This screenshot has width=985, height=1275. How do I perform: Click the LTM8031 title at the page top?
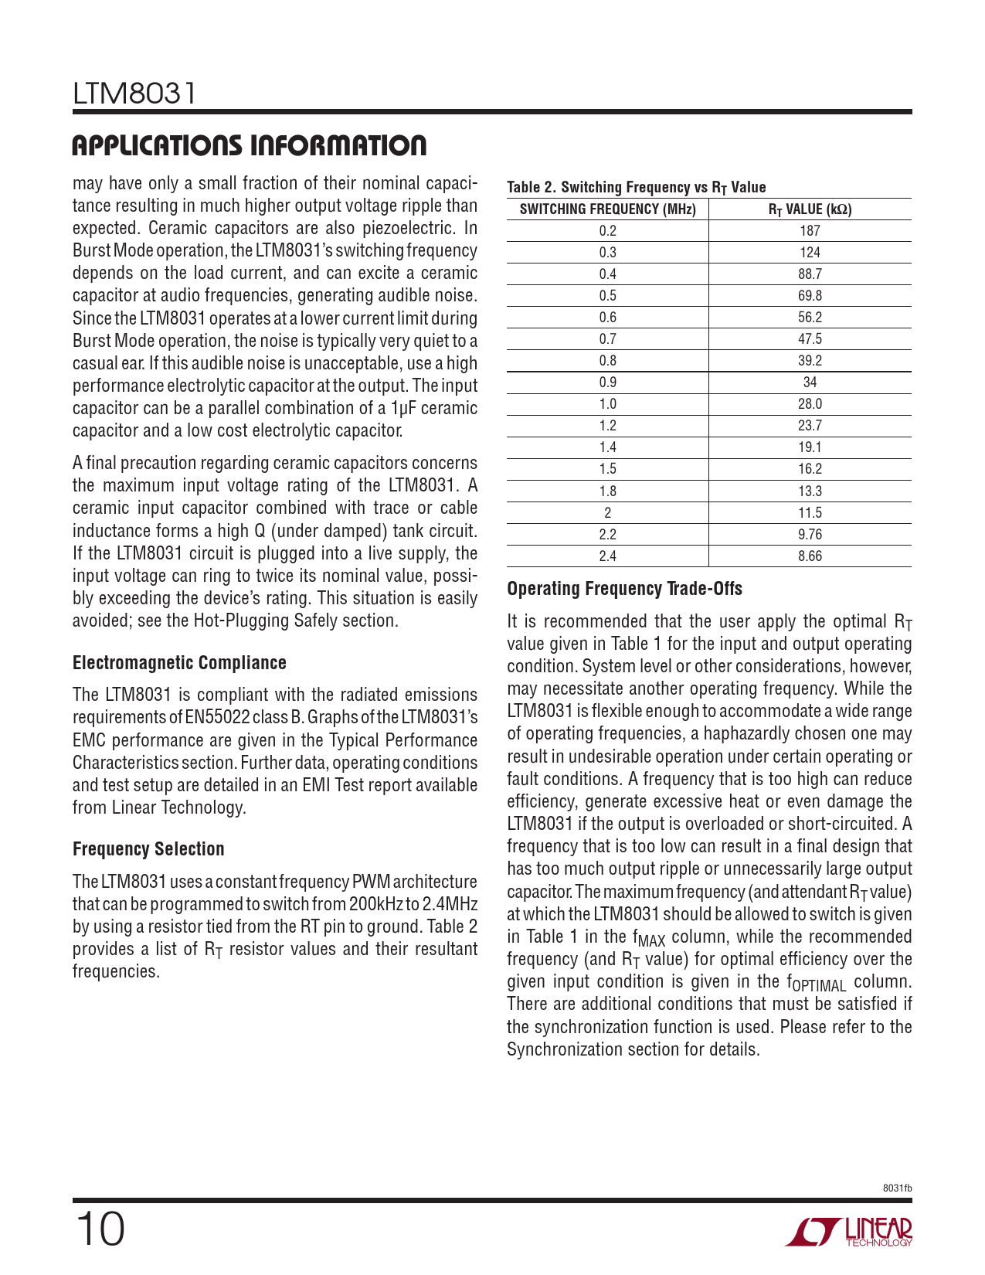[135, 94]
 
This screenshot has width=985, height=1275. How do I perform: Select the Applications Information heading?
[249, 145]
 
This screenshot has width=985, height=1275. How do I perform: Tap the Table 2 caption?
[636, 187]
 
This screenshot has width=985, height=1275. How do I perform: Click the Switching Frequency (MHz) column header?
[607, 209]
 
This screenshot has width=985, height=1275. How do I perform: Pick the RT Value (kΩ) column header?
[810, 209]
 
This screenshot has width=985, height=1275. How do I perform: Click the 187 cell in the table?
[810, 230]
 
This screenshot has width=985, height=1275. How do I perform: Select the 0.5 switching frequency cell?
[607, 295]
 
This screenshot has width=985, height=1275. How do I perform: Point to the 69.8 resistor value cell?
[810, 295]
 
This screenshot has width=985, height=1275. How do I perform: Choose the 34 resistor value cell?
[810, 382]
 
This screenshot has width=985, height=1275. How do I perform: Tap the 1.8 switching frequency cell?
[607, 491]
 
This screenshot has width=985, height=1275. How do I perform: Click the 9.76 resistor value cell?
[810, 534]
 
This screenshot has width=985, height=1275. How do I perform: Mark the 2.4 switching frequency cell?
[607, 556]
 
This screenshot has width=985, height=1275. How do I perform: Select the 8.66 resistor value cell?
[810, 556]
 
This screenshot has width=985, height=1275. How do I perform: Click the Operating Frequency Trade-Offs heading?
[624, 589]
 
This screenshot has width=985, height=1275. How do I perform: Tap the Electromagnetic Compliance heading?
[179, 663]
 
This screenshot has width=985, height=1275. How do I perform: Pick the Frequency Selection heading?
[148, 849]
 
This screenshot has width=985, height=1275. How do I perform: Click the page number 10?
[100, 1229]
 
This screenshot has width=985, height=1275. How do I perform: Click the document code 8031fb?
[898, 1188]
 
